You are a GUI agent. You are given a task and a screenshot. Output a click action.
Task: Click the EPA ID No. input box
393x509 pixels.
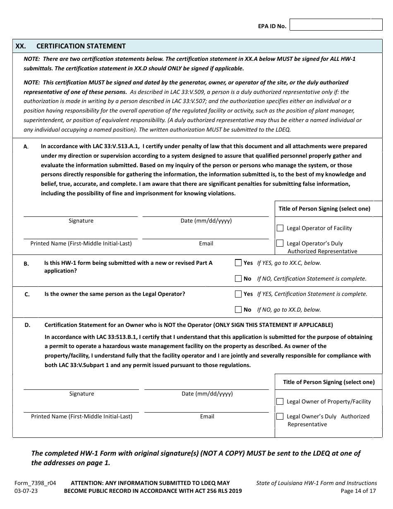click(336, 25)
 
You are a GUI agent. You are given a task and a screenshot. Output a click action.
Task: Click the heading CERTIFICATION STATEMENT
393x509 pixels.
click(81, 46)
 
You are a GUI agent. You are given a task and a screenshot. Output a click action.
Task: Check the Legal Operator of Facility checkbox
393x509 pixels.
click(280, 228)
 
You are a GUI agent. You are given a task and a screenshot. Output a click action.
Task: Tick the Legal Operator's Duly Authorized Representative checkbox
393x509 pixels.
click(280, 243)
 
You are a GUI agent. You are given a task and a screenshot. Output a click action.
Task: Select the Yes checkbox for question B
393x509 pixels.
click(238, 263)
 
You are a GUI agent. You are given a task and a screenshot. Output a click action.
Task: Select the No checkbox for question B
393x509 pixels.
click(238, 279)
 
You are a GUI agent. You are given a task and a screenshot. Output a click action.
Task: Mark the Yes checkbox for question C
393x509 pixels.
click(238, 294)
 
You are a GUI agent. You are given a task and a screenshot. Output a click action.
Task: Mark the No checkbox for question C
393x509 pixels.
click(238, 310)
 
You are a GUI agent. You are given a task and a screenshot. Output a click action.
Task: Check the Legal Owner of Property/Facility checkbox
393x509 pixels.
click(280, 401)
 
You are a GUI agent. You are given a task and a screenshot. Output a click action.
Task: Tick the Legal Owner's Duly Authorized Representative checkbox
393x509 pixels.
click(280, 417)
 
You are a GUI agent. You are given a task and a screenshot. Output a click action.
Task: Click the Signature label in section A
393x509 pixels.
click(81, 221)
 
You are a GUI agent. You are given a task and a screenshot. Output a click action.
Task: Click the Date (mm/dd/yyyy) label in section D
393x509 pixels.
click(207, 394)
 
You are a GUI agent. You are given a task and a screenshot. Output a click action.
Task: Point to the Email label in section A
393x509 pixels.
click(206, 243)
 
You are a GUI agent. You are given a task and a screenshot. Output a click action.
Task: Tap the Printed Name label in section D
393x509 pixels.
click(82, 416)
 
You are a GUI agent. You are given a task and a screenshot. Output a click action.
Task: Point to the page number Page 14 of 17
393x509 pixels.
click(358, 491)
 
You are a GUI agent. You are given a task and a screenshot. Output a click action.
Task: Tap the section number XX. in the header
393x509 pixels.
click(21, 46)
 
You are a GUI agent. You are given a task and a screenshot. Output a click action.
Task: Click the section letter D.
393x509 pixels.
click(27, 325)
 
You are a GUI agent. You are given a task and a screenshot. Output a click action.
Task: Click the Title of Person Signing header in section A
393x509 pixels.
click(324, 209)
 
